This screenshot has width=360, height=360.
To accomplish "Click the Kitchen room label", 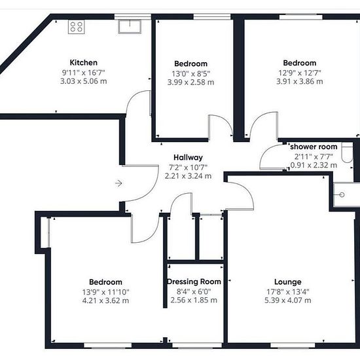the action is pos(84,62).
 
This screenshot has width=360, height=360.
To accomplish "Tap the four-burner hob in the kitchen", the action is pos(77,27).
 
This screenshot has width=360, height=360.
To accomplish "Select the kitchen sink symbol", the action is pos(130,27).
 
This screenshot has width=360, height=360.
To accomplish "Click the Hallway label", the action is pos(189,158).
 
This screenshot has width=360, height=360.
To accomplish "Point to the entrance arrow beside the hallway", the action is pos(118,183).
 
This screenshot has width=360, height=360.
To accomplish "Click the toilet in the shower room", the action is pos(347,153).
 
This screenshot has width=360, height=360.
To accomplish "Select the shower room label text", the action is pos(314,147).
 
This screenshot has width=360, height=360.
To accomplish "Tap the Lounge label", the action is pos(288,281).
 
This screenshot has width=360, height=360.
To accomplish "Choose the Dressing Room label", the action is pos(194,281).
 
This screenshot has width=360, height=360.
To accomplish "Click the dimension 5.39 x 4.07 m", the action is pos(288,300).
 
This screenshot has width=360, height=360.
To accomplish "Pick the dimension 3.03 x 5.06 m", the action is pos(84,81).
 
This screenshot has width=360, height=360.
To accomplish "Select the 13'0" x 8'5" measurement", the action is pos(190,74).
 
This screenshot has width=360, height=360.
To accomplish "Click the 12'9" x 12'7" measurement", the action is pos(300,73).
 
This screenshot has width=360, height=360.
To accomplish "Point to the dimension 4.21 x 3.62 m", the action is pos(105,300).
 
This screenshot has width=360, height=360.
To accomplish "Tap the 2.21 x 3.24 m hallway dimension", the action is pos(189,176).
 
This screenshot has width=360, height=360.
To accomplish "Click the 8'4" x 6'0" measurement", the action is pos(194,291).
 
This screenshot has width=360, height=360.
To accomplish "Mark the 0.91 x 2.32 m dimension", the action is pos(314,165).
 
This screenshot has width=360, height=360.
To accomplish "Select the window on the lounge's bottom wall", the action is pos(293,345).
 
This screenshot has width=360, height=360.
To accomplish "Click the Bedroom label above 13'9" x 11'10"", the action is pos(105,282).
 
